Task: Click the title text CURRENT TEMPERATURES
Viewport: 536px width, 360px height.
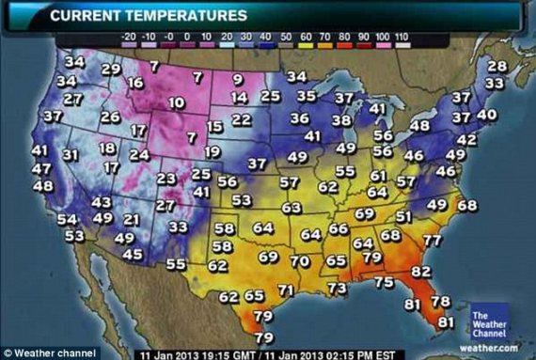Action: [x=149, y=15]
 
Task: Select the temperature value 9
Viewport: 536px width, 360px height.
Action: [x=239, y=79]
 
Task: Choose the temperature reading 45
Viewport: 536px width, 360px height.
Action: [x=134, y=253]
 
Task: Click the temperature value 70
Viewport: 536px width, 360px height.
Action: [x=300, y=261]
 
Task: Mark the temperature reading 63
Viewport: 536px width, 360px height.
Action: [x=292, y=208]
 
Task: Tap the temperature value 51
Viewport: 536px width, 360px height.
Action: [x=403, y=216]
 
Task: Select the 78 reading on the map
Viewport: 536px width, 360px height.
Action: [x=440, y=302]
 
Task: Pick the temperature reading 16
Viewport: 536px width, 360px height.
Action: [x=135, y=83]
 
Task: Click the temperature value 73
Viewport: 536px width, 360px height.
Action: [x=337, y=288]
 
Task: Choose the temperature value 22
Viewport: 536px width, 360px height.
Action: [x=242, y=119]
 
